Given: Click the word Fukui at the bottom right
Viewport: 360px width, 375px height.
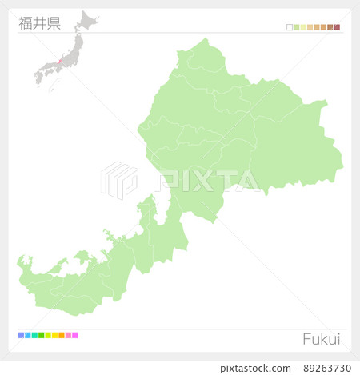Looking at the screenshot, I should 321,339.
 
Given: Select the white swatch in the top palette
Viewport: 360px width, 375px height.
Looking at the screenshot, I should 290,27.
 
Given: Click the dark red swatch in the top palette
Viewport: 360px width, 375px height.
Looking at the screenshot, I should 337,27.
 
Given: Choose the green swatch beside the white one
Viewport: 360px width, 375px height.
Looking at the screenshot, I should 297,27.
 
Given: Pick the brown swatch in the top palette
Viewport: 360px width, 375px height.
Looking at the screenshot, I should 330,27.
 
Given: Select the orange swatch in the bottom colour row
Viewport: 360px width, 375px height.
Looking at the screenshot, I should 62,335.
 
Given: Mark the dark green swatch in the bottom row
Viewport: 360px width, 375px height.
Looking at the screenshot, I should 41,335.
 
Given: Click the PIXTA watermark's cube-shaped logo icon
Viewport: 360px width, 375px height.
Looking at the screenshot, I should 119,179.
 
